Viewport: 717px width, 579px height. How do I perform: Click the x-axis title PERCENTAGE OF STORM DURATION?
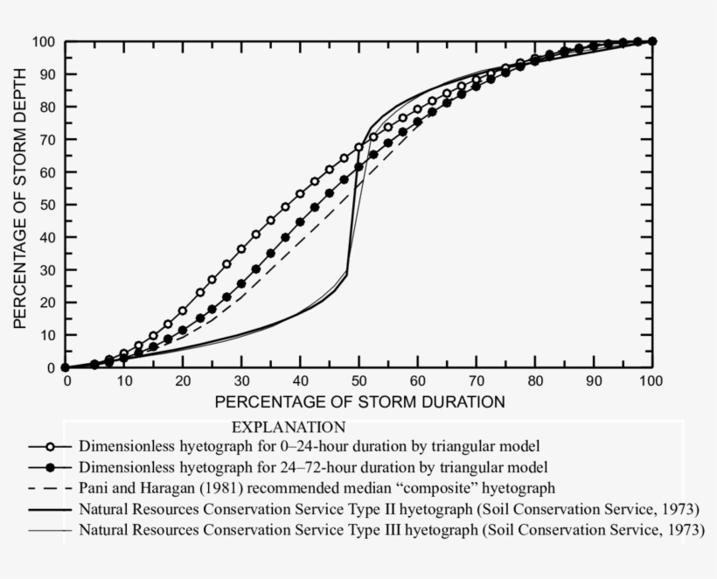(x=359, y=402)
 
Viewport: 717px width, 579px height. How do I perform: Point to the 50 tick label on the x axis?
(x=358, y=381)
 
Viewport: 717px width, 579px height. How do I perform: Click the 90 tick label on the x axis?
(x=593, y=381)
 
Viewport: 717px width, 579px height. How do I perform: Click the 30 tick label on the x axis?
(x=241, y=381)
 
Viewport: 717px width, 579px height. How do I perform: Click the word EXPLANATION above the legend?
(x=289, y=428)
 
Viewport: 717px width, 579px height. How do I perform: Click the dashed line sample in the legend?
(x=52, y=486)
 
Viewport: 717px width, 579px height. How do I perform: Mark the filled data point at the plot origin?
(x=66, y=368)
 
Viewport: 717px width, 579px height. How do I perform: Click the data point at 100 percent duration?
(x=652, y=41)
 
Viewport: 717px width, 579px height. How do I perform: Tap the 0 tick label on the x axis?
(x=66, y=381)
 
